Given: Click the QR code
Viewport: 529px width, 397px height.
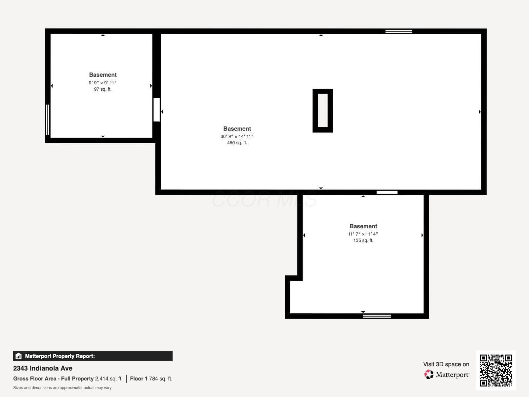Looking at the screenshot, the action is (x=496, y=371).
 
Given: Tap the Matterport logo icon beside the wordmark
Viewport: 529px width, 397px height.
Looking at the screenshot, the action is (x=429, y=375).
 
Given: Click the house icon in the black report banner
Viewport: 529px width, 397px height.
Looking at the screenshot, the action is (x=19, y=356).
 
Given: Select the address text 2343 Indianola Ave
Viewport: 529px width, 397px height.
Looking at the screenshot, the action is (x=43, y=368).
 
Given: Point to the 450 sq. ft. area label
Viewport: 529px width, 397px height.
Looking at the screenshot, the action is (x=237, y=143).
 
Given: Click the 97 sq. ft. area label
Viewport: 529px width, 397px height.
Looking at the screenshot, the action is (x=103, y=89).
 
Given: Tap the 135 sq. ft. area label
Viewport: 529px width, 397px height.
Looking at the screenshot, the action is (x=363, y=240).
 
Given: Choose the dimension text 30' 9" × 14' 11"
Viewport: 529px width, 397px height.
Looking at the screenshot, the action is (x=237, y=136).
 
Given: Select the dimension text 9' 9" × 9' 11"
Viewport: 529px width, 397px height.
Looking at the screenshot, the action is (x=102, y=83).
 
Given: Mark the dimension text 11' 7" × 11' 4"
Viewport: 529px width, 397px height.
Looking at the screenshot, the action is (x=363, y=234).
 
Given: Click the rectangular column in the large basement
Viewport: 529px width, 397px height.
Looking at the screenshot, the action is (x=323, y=110).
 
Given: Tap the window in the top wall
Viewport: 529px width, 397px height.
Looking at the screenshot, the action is (x=399, y=31).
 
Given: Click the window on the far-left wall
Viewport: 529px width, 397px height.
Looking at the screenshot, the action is (x=48, y=120).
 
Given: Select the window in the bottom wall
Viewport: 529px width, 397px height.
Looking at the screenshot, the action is (x=377, y=316).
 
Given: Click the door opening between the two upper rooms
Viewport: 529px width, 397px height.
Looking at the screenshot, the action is (x=157, y=110).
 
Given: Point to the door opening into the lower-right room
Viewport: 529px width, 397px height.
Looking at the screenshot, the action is (x=387, y=192).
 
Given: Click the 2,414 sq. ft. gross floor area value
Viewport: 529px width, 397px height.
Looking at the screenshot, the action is (x=109, y=379).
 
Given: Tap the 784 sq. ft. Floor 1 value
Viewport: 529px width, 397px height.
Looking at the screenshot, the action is (x=160, y=379).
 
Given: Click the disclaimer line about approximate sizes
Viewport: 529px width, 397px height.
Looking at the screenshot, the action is (x=62, y=388).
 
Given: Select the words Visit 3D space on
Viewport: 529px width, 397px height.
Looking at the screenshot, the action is (x=446, y=364).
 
